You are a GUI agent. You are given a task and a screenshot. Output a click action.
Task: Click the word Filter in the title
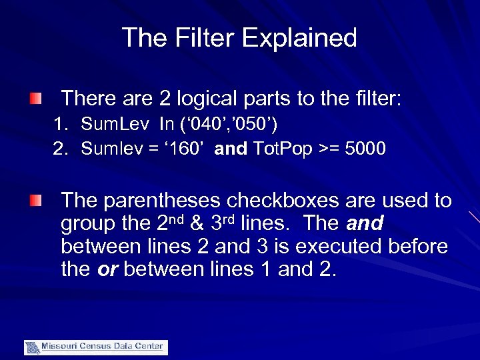coord(203,37)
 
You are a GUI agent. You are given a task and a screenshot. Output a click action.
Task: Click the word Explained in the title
coord(300,38)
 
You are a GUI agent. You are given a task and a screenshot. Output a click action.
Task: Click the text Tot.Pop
coord(279,148)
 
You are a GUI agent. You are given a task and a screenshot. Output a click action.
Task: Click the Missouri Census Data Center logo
coord(95,347)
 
